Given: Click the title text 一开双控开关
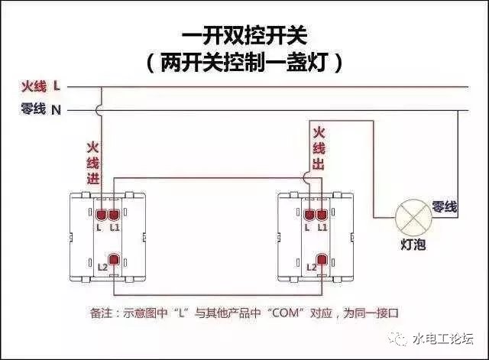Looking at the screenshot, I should pos(245,36).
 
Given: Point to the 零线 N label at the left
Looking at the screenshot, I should pos(41,109).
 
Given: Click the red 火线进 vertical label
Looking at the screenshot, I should pos(92,162).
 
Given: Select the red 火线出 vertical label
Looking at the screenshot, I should pos(319,148).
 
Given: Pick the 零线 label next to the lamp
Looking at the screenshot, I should pos(445,206).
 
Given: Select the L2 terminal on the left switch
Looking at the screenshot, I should pos(115,261).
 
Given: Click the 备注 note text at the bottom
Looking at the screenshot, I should pos(244,313).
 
